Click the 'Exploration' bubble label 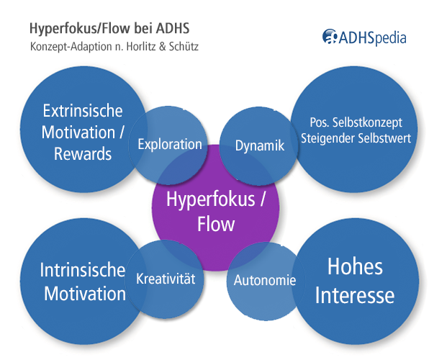(170, 144)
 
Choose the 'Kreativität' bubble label (166, 277)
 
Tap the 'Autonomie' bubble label (265, 280)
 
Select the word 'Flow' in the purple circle (216, 224)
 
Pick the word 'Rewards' (83, 153)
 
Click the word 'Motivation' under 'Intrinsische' (85, 293)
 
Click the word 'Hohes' (355, 266)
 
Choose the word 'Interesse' (355, 295)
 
